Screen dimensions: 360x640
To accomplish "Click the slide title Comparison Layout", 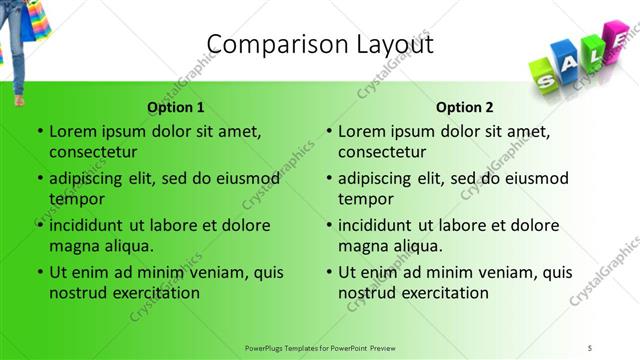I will tap(319, 45).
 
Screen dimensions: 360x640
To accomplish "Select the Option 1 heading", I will tap(176, 107).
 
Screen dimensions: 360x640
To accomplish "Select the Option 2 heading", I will tap(465, 107).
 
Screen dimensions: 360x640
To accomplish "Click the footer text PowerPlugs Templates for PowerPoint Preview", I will tap(320, 347).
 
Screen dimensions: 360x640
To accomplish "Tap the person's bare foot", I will tap(19, 98).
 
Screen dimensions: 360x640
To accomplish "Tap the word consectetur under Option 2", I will tap(382, 152).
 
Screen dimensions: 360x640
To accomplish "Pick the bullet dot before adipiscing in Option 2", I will tap(328, 179).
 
